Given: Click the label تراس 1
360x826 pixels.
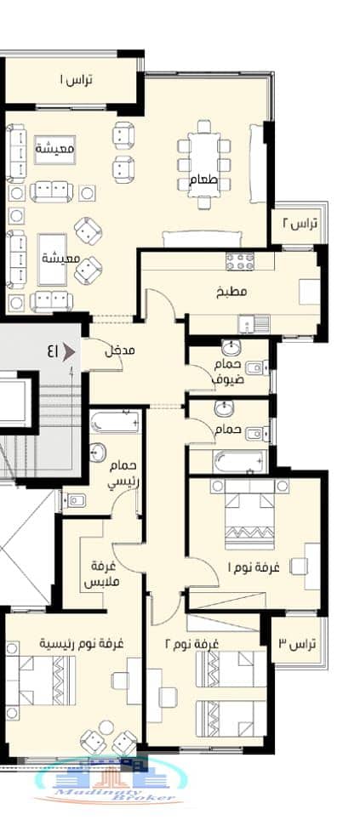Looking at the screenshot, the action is coord(76,80).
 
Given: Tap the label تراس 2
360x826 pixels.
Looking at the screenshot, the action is coord(300,224).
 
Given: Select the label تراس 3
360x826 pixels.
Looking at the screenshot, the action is coord(297,644).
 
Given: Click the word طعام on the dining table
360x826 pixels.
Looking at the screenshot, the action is coord(204,179).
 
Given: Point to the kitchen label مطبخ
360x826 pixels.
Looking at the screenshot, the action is coord(231,291).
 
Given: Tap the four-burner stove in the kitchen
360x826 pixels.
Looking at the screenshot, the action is coord(240,261).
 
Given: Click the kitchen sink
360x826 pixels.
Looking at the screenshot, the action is coord(254,324).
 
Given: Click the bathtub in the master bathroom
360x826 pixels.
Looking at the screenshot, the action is coord(116,422).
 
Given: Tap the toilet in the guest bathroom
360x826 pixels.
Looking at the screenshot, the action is coord(256,367).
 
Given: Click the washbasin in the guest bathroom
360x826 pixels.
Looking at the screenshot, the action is coord(230,347).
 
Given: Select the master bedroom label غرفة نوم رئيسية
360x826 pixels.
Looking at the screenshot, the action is coord(82,644).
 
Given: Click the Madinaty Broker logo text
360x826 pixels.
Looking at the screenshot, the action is coord(114,796).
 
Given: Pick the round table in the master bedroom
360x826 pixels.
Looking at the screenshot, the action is coord(106,727).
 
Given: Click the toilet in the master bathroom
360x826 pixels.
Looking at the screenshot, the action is coord(75,498).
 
